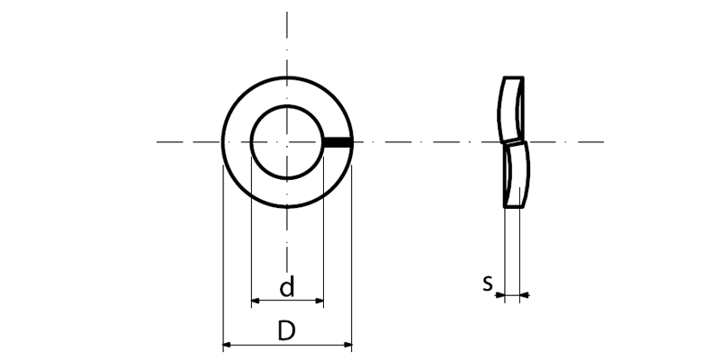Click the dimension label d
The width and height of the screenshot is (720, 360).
[x=287, y=287]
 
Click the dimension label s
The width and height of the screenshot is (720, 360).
[x=488, y=283]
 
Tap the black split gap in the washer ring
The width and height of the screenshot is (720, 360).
[x=338, y=142]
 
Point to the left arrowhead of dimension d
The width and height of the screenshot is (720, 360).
[x=256, y=301]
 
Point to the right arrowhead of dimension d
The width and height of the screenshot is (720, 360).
[x=319, y=301]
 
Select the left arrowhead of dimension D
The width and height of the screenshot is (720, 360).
[x=227, y=345]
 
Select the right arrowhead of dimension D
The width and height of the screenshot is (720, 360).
[x=347, y=345]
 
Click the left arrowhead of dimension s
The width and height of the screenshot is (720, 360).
[x=500, y=295]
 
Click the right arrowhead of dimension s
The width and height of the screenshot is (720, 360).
[x=525, y=295]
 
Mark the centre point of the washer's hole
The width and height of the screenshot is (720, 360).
[x=287, y=142]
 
